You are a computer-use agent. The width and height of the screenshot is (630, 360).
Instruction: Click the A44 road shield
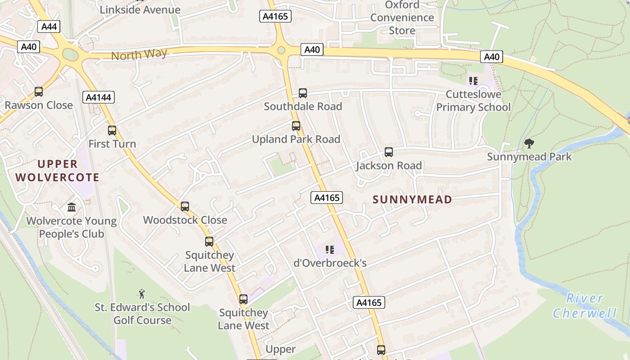coord(49,27)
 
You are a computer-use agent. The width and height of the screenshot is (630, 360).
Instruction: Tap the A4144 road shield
coord(99,97)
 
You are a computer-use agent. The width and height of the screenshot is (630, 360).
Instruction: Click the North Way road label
coord(139,55)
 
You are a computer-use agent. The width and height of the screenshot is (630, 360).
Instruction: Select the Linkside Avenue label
coord(140,9)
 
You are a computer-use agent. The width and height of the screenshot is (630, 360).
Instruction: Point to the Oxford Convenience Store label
coord(402,18)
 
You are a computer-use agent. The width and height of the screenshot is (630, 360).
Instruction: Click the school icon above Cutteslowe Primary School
coord(473,81)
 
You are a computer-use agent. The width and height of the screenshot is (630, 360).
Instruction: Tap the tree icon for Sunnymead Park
coord(529,144)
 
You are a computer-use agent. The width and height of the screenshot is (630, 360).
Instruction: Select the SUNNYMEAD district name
coord(412,199)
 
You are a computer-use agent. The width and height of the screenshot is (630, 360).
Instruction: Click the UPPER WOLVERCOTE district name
coord(58,171)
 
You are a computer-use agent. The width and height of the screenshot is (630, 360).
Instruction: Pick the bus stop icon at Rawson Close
coord(39,92)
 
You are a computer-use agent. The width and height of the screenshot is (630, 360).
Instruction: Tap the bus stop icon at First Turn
coord(112,130)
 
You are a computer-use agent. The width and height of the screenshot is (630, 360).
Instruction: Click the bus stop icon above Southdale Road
coord(303,93)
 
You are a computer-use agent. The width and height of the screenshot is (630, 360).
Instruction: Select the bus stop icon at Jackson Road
coord(389,152)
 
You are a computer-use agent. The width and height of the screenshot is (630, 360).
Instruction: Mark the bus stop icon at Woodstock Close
coord(185,207)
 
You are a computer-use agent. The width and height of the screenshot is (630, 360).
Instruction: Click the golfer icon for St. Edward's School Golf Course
coord(142,294)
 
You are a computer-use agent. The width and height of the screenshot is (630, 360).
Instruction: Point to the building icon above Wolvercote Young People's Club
coord(72,207)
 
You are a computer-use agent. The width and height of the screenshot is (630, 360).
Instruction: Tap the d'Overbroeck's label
coord(330,263)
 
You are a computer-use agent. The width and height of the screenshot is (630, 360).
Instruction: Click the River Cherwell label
coord(584,306)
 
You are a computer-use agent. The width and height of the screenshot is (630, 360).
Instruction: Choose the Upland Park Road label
coord(296,139)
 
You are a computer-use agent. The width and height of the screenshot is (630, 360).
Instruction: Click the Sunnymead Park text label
coord(529,157)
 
